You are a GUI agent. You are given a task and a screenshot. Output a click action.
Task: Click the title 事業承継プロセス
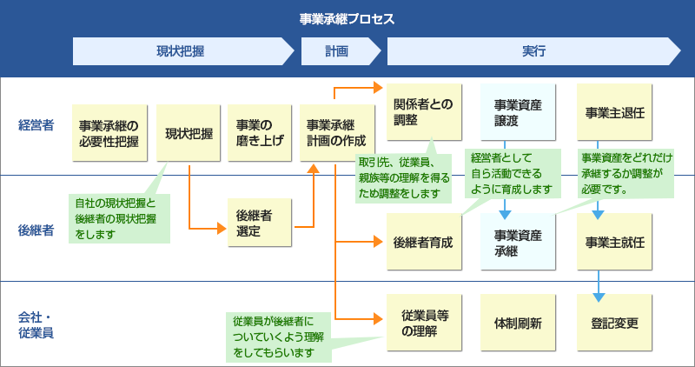(x=347, y=18)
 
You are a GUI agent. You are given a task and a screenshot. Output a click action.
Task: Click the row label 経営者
(x=36, y=125)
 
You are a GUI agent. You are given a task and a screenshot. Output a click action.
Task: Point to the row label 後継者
(x=36, y=230)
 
